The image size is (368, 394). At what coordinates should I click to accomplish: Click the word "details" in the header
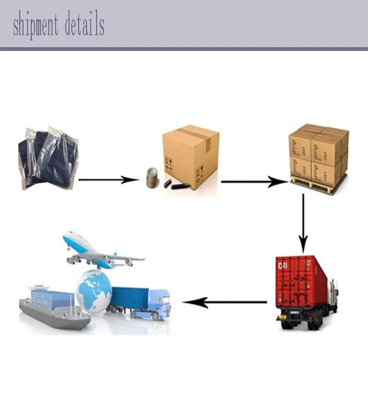coord(84,25)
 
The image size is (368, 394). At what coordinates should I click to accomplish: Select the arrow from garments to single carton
coord(108,180)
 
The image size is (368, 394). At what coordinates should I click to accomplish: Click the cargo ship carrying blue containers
coord(53,310)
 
